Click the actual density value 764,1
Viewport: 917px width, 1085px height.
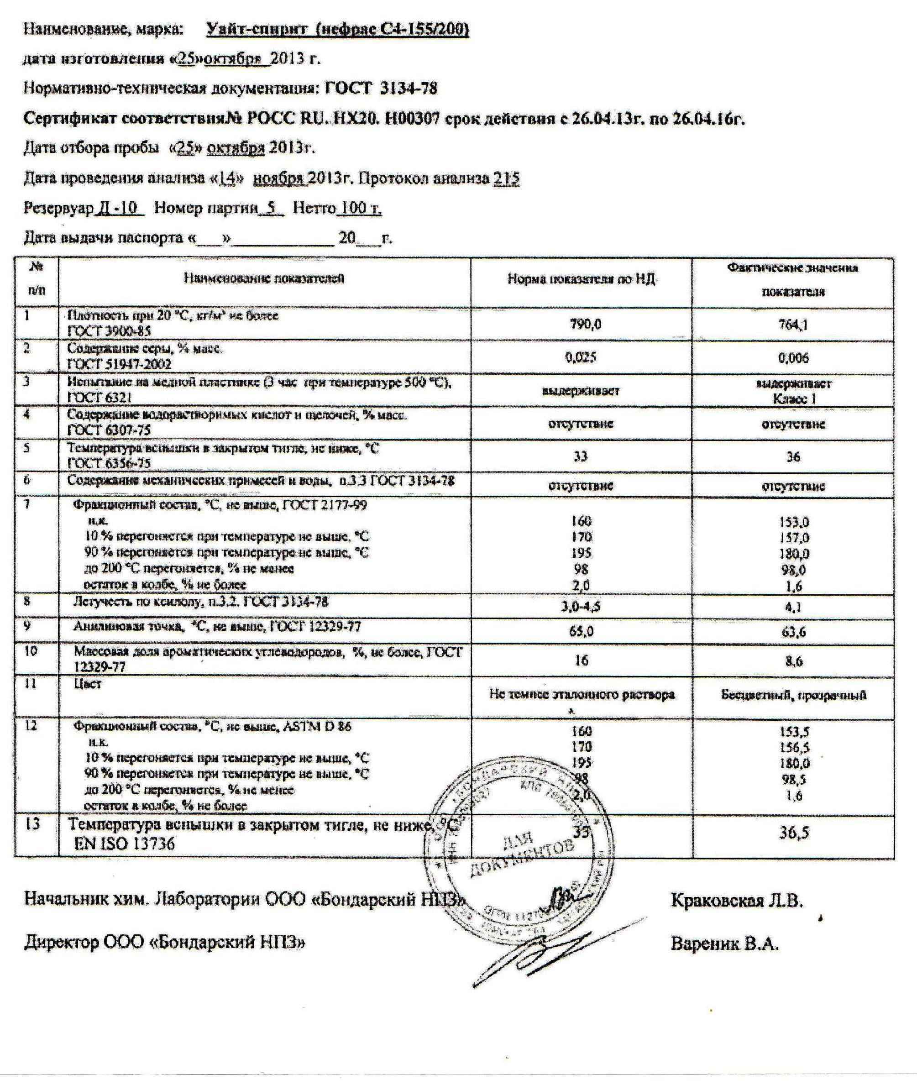793,325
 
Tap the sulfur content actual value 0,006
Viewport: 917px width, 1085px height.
793,358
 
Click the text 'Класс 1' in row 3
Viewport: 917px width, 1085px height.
794,399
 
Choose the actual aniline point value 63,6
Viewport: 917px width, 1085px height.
793,632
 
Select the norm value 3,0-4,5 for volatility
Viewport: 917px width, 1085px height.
581,606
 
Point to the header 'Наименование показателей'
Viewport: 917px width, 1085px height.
264,278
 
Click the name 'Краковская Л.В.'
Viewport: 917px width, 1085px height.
737,901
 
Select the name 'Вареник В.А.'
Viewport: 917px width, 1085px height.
725,943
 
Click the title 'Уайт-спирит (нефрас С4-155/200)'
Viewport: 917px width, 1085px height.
338,30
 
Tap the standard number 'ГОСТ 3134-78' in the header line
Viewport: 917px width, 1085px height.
381,89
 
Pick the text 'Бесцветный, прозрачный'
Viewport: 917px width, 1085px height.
793,695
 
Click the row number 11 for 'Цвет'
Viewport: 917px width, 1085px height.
31,683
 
